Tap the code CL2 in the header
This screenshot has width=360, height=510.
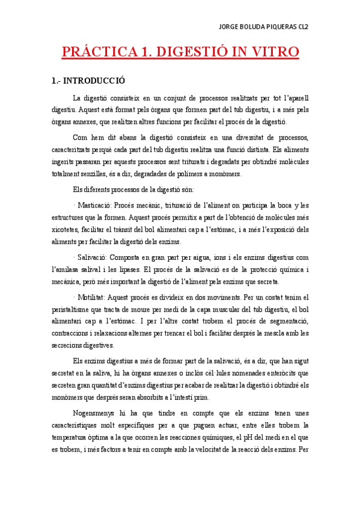coord(317,26)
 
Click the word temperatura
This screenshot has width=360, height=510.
coord(71,437)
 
